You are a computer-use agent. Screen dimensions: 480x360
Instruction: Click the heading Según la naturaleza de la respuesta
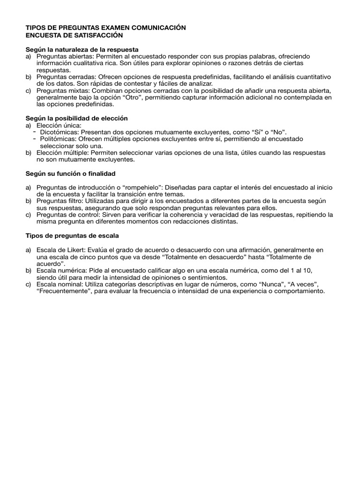(x=82, y=49)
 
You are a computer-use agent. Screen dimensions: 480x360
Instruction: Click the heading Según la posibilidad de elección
(x=76, y=118)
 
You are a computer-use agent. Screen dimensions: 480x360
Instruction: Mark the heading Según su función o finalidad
(x=70, y=173)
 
